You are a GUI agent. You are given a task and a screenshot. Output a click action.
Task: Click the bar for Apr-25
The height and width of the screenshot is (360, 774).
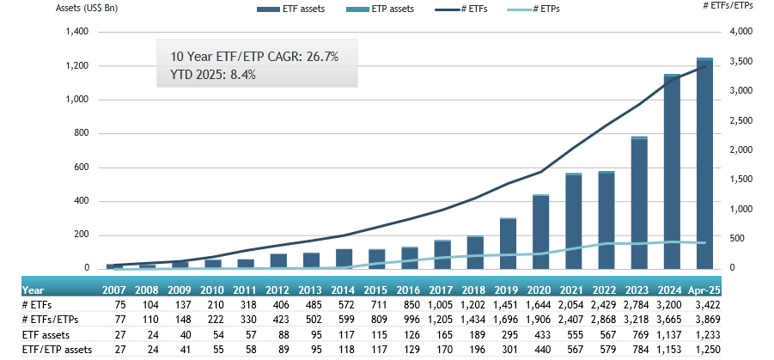tap(704, 163)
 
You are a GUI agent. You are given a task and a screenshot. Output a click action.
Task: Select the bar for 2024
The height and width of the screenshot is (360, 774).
tap(672, 172)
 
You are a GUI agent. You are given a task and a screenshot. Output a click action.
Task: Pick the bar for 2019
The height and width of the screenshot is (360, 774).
tap(508, 243)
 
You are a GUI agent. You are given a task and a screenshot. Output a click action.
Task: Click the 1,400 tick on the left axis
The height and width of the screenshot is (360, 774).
tap(76, 32)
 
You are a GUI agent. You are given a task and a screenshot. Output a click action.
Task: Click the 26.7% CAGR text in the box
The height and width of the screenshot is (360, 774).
tap(255, 57)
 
